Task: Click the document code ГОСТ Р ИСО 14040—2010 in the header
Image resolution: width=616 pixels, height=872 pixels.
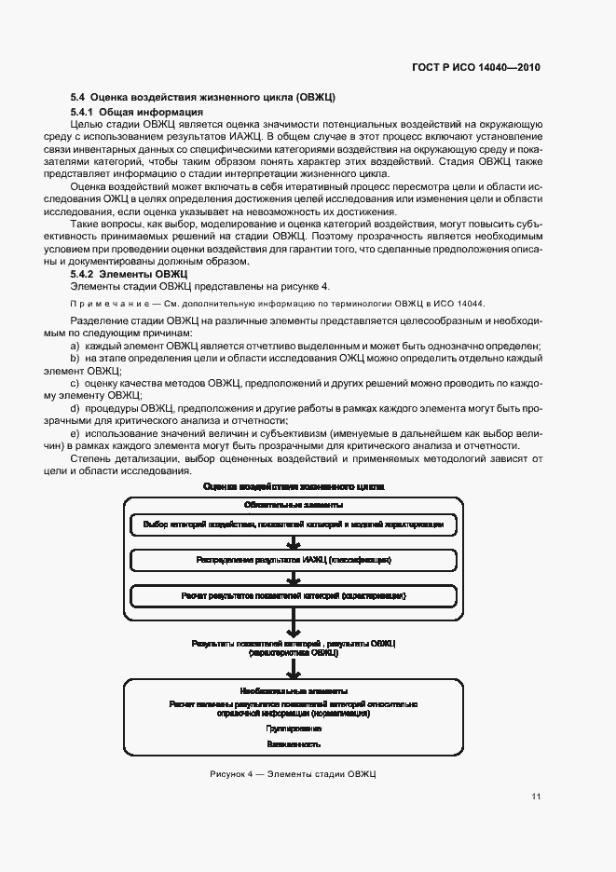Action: tap(477, 67)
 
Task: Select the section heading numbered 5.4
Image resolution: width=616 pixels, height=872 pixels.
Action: tap(203, 97)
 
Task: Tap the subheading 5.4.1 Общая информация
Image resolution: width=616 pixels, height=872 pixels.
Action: tap(137, 112)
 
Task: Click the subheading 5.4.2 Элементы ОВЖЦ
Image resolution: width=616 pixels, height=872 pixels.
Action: tap(130, 274)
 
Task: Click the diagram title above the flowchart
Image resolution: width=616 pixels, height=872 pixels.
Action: tap(294, 486)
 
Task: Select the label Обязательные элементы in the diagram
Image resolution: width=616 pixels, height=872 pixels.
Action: tap(294, 504)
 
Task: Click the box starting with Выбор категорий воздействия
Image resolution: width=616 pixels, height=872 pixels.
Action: tap(294, 525)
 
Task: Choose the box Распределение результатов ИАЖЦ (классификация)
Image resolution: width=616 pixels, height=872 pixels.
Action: tap(294, 560)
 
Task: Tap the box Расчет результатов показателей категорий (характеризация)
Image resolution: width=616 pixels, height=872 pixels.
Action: tap(294, 594)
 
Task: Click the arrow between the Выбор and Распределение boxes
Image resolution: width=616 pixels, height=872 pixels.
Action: tap(294, 542)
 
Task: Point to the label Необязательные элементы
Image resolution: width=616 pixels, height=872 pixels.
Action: tap(294, 691)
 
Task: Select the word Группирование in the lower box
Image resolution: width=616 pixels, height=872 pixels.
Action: tap(294, 729)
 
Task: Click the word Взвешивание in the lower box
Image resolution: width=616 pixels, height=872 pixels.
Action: tap(294, 744)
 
